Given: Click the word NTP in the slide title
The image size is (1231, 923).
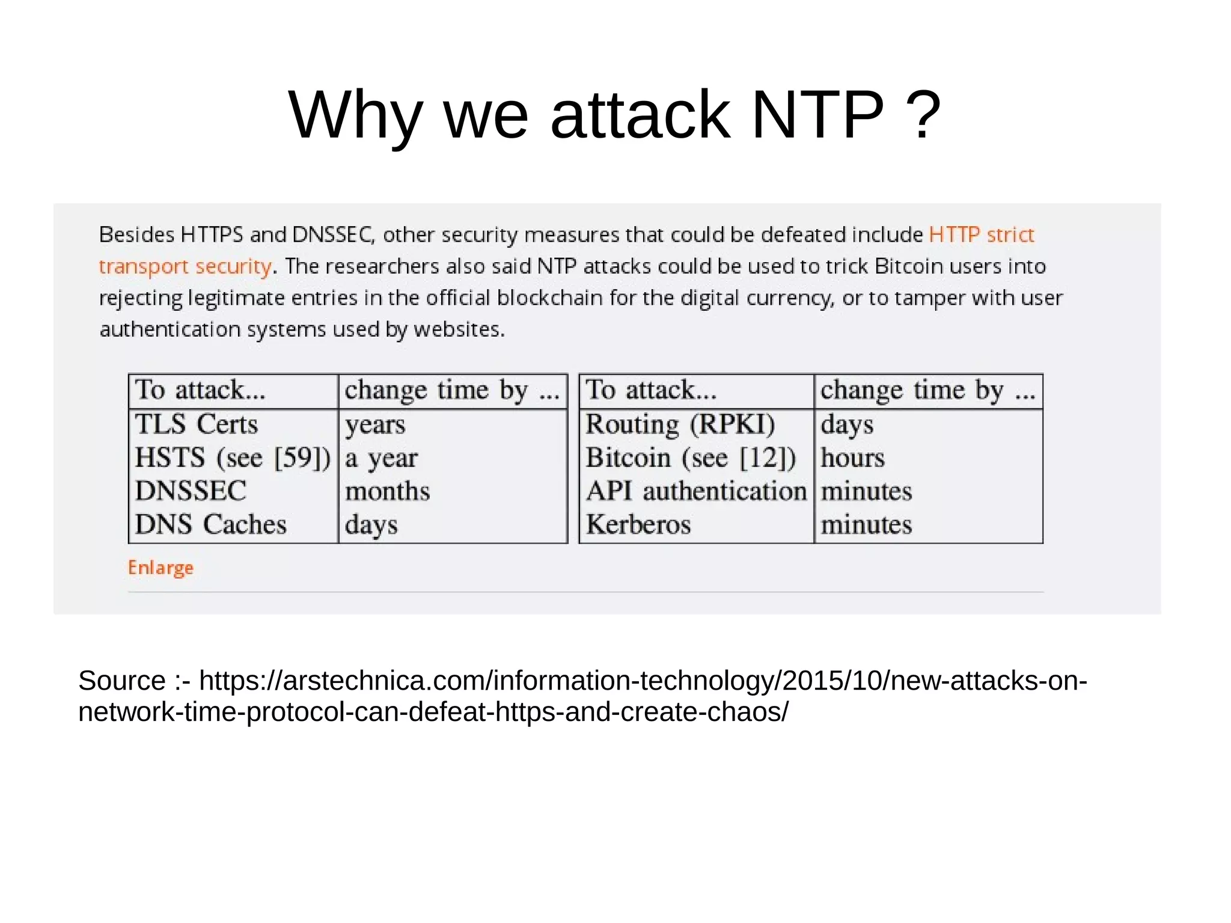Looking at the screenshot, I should point(817,114).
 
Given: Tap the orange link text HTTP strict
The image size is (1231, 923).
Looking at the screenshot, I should point(981,234).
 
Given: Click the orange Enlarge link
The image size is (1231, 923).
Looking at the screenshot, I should point(160,567).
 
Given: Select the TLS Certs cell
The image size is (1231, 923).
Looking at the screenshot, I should point(197,424).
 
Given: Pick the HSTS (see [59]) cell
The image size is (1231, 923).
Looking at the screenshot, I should point(233,458).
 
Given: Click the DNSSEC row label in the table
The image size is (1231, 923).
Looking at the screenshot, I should point(191,491).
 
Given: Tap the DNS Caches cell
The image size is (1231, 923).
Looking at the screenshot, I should point(210,524).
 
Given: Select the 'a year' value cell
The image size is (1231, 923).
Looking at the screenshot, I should point(381,458).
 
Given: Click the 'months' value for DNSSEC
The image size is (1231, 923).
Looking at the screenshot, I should point(387,491).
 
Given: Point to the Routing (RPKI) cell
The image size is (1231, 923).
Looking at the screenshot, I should point(680,424).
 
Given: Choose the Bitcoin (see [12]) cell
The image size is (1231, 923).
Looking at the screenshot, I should point(691,458).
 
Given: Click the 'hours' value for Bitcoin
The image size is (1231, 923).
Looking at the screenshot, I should point(852,458).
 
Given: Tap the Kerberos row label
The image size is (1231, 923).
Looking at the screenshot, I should point(638,524).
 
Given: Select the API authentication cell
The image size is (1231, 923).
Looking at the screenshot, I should point(696,491).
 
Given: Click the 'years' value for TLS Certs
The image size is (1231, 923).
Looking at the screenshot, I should point(375,425).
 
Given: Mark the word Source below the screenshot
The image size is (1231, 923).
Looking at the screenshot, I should point(122,681).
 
